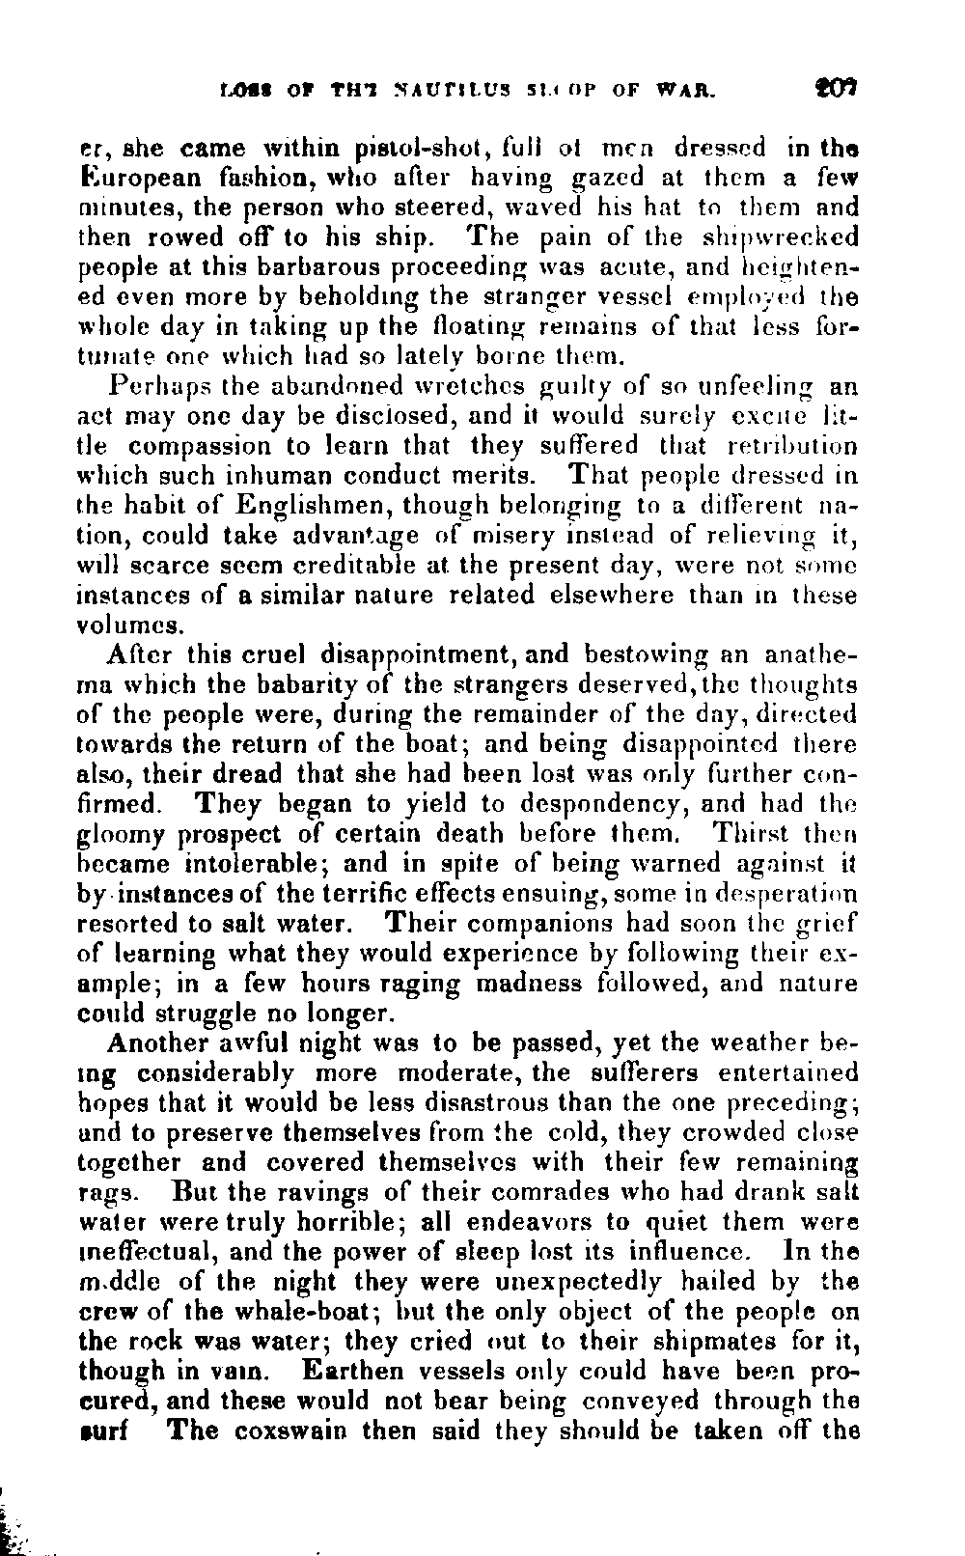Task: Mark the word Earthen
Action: pos(356,1372)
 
